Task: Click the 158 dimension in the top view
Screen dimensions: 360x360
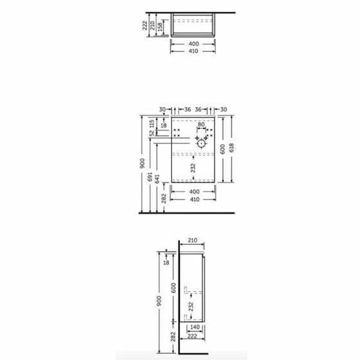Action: click(x=160, y=26)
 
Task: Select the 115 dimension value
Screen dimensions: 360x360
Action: click(x=152, y=123)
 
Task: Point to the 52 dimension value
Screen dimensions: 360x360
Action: click(x=152, y=133)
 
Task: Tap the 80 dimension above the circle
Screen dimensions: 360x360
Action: click(x=201, y=125)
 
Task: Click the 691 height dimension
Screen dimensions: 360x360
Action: click(x=150, y=177)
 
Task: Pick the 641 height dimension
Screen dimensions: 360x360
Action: click(x=157, y=179)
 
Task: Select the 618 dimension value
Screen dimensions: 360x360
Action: click(x=231, y=148)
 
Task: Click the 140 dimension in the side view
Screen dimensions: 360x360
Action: click(x=195, y=327)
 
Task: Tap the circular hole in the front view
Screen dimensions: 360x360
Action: click(x=201, y=144)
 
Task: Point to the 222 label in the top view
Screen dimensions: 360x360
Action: click(x=145, y=26)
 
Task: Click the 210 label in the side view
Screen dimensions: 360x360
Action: click(x=192, y=240)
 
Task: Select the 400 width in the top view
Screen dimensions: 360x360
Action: click(x=194, y=44)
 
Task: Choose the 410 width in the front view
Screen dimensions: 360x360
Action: click(x=195, y=199)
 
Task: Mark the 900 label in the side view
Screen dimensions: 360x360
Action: click(x=159, y=301)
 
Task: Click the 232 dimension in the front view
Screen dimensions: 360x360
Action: click(x=193, y=168)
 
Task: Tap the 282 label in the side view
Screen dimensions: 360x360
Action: click(x=174, y=337)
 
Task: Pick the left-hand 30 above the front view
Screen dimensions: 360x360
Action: click(x=162, y=109)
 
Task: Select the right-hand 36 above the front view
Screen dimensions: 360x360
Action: click(x=198, y=109)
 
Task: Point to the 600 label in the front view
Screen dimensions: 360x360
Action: click(x=222, y=149)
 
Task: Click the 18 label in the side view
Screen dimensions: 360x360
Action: click(x=166, y=262)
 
